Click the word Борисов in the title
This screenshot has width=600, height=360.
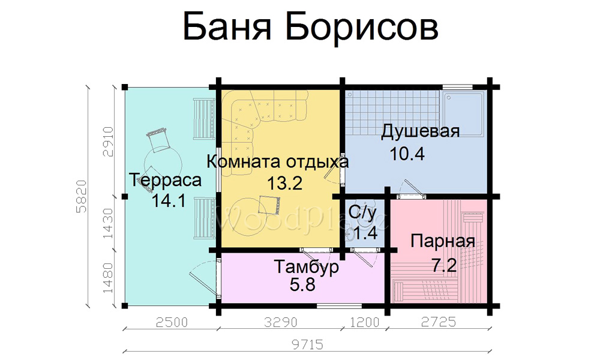coord(362,27)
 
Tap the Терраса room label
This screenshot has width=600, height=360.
coord(166,180)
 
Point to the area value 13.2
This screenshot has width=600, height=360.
coord(284,183)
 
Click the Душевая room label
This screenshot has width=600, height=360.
coord(420,131)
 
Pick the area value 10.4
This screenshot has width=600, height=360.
coord(407,154)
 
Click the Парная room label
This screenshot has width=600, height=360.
coord(443,241)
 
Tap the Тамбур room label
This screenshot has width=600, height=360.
coord(307,266)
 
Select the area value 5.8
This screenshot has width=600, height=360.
coord(302,284)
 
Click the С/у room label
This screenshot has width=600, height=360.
coord(362,214)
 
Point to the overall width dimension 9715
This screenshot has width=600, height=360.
coord(308,344)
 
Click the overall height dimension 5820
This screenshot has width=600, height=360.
coord(82,196)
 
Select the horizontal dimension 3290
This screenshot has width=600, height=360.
coord(280,322)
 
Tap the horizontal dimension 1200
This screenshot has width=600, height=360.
coord(365,322)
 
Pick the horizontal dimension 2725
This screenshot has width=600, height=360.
coord(439,322)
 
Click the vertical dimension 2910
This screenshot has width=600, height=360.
coord(108,142)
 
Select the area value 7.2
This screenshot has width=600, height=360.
coord(444,265)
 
